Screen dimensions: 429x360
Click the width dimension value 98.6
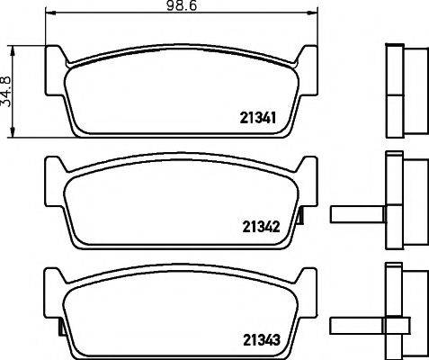tap(182, 5)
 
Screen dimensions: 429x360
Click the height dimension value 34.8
tap(5, 92)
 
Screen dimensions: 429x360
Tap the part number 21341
tap(258, 118)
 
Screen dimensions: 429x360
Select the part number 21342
tap(261, 227)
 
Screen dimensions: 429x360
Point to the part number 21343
tap(262, 340)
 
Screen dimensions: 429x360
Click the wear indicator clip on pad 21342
tap(300, 215)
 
